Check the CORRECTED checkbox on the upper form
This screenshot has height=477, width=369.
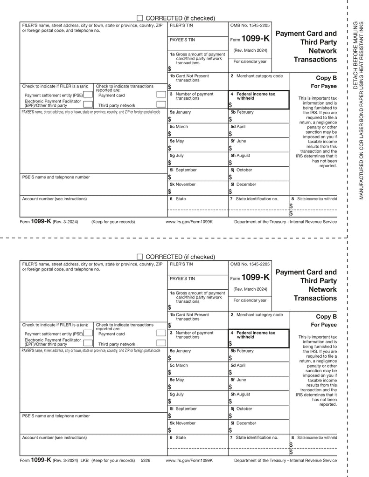tap(139, 18)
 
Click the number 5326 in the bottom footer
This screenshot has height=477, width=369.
tap(146, 460)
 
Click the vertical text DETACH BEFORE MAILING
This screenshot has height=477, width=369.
tap(355, 56)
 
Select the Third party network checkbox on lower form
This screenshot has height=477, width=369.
tap(161, 344)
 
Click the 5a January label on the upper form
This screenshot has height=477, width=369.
tap(180, 112)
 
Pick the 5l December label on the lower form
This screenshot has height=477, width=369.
tap(243, 423)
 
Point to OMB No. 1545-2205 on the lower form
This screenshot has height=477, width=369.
tap(250, 264)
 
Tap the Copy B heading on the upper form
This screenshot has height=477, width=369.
tap(326, 78)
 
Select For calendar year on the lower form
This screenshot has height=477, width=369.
tap(250, 300)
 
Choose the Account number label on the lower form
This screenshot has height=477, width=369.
tap(54, 437)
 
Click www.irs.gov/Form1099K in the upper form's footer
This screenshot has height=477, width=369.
tap(189, 222)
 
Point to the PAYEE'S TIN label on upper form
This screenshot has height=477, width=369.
tap(182, 40)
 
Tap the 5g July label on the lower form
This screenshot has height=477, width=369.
tap(177, 394)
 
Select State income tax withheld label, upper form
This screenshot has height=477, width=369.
tap(317, 199)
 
